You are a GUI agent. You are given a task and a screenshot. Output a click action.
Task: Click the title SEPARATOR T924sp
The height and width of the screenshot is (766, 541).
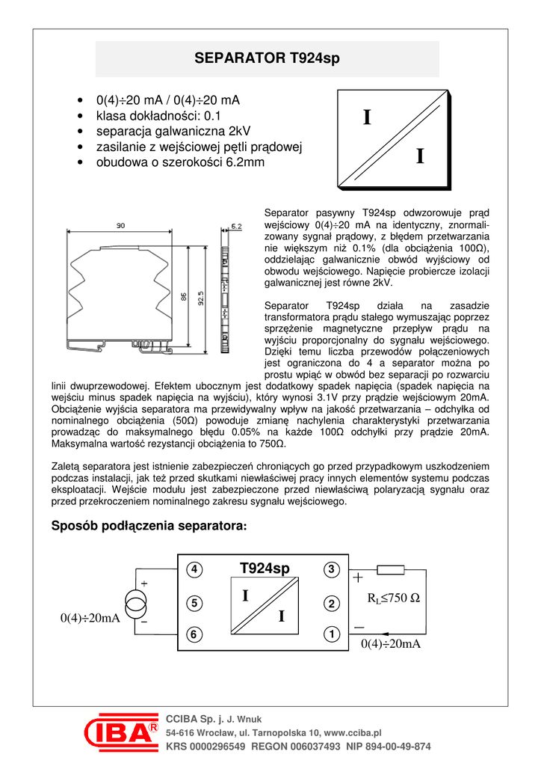click(267, 58)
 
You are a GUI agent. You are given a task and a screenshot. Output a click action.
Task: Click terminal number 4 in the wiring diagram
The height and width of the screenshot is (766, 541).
click(194, 569)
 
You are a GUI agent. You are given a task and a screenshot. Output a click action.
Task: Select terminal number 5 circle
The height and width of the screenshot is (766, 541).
click(194, 602)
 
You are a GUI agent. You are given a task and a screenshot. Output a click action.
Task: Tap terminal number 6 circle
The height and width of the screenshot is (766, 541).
click(194, 635)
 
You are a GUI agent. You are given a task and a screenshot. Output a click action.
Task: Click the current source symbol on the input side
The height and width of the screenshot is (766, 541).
click(137, 603)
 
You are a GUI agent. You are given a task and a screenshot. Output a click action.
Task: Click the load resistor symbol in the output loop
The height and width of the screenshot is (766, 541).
click(392, 571)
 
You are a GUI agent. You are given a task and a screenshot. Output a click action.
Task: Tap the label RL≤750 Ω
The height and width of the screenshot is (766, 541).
click(394, 598)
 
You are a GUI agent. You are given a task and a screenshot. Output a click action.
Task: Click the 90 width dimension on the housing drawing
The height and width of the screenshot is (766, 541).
click(120, 225)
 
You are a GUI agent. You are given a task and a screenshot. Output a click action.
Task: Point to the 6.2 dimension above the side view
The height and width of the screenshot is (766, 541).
click(235, 225)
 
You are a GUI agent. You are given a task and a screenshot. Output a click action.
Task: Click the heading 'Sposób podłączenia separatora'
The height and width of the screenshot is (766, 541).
click(148, 526)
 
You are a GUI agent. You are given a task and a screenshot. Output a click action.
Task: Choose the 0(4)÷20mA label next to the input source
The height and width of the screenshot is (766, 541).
click(90, 618)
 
